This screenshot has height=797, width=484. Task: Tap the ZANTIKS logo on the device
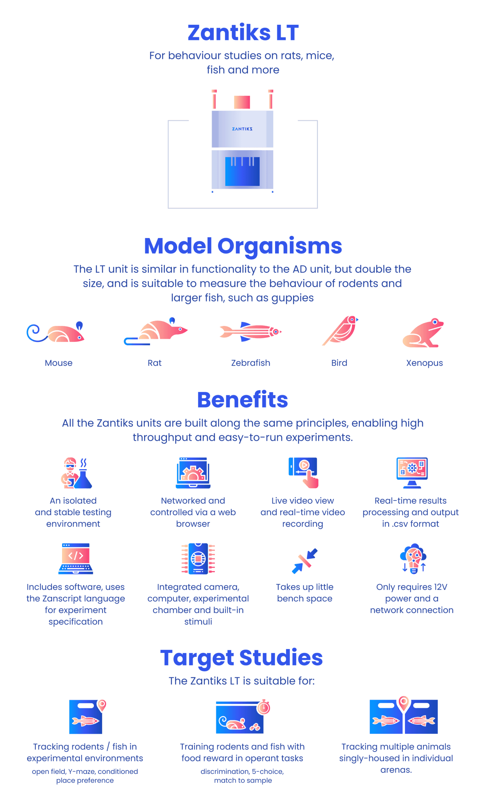coord(242,129)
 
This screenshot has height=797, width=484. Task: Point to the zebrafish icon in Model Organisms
coord(250,332)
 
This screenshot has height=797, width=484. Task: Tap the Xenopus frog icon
coord(423,333)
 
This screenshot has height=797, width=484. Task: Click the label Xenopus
coord(424,363)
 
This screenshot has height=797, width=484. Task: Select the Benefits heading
coord(243,400)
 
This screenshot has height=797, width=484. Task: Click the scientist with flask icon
coord(76,472)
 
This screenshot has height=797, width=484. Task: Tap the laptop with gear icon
coord(193,472)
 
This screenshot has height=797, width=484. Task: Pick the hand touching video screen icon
coord(303,472)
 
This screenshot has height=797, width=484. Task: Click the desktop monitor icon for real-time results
coord(412,472)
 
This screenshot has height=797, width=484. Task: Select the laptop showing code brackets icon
coord(76,559)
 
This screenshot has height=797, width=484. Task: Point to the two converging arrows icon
coord(305,561)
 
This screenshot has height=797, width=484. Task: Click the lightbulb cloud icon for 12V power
coord(413,559)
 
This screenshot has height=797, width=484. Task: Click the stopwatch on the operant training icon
coord(264,707)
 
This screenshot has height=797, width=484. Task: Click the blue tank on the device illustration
coord(242,171)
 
